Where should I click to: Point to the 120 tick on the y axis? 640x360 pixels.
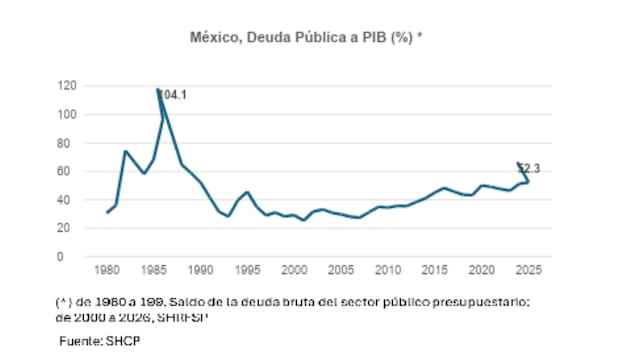66,86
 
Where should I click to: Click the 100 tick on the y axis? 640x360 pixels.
66,114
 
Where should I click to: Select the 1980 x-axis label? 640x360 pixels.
107,271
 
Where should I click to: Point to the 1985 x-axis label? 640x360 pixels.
154,271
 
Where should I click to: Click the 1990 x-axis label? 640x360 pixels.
201,271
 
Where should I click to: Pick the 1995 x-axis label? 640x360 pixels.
247,271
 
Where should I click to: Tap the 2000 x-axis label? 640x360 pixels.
294,271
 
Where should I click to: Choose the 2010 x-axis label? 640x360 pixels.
388,271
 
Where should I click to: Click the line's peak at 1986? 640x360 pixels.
158,89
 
